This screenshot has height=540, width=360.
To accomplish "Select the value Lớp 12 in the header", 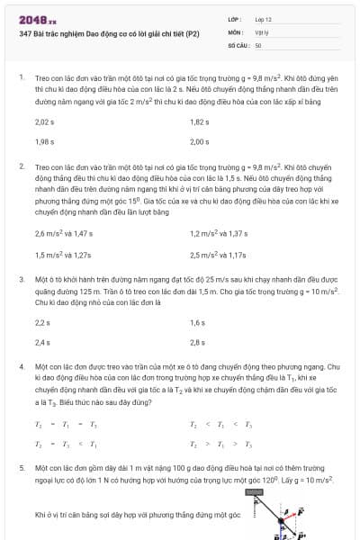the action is [x=263, y=19].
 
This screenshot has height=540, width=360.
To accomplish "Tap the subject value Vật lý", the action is [x=262, y=31].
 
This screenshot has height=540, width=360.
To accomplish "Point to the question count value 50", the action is [x=258, y=44].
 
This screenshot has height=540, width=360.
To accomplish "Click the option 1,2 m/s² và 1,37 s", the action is [x=218, y=233].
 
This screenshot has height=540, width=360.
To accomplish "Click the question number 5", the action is [x=22, y=469].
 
